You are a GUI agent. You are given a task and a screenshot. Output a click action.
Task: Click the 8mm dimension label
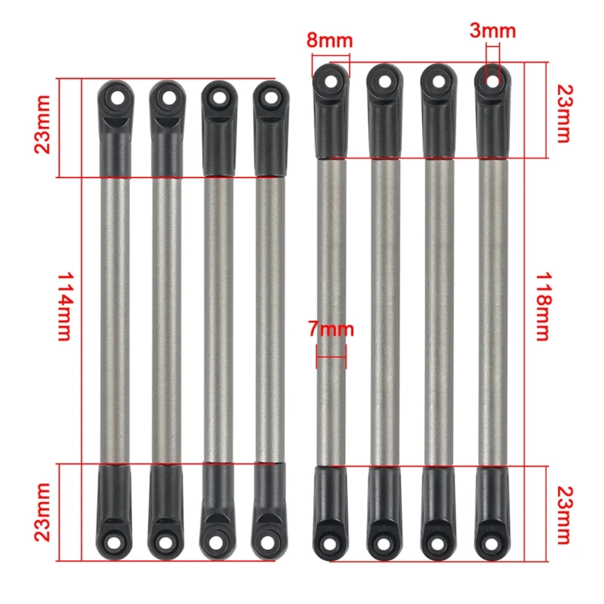329,39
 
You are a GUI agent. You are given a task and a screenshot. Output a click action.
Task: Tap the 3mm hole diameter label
492,30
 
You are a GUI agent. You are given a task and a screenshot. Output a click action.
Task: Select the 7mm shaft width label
331,329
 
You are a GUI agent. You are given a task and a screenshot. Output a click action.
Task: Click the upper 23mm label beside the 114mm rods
43,125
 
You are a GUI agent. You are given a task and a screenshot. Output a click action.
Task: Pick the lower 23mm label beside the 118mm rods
562,515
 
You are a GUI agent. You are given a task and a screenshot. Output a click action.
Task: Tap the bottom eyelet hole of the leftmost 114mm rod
115,541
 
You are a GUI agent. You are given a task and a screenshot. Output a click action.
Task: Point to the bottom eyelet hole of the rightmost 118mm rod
492,543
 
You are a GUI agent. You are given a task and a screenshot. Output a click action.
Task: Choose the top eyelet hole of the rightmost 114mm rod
270,97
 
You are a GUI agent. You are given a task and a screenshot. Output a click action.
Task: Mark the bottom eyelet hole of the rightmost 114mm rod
270,541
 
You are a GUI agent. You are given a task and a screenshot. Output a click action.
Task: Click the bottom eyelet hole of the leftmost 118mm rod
330,543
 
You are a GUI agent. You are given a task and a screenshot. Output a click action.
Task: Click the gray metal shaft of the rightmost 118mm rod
492,317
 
